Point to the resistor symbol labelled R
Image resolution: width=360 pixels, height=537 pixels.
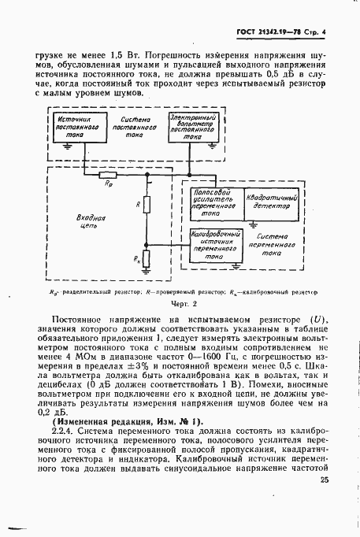point(147,205)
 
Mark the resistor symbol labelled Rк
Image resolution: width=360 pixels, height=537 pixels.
point(147,257)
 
